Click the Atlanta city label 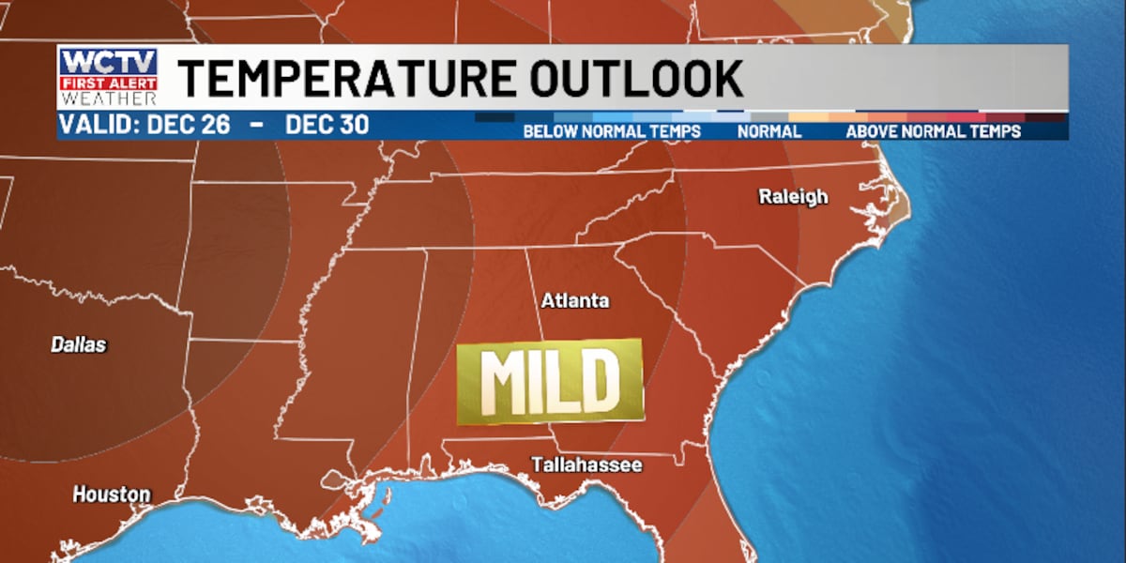coord(575,301)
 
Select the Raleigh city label coord(793,197)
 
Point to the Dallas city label coord(79,344)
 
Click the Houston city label coord(112,494)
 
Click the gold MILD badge coord(550,381)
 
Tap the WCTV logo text coord(108,64)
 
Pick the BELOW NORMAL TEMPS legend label coord(612,132)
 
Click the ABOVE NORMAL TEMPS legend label coord(933,132)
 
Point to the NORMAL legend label coord(769,132)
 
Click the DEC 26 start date coord(189,125)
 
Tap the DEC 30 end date coord(327,125)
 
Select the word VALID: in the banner coord(99,125)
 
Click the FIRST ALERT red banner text coord(109,84)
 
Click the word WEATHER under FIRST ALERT coord(109,98)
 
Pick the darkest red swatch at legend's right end coord(1045,117)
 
